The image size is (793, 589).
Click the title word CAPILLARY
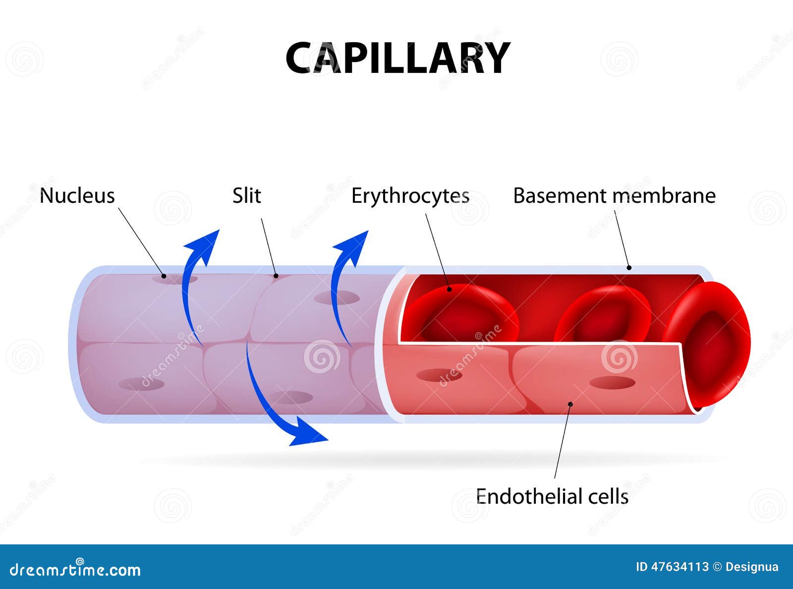[397, 58]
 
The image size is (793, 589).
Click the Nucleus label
[77, 196]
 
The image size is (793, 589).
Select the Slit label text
[246, 196]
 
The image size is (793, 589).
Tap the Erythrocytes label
[410, 196]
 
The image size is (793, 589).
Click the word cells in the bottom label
[608, 496]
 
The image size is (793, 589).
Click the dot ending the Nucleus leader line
[164, 276]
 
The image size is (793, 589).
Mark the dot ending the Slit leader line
[276, 275]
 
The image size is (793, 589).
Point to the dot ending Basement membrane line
[629, 268]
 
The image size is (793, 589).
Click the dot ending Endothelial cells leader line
[570, 404]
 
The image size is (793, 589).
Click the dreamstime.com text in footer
[75, 570]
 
